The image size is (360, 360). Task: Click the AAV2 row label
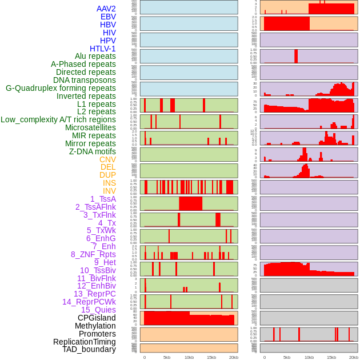coord(106,9)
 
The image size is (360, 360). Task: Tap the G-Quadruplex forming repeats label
coord(61,88)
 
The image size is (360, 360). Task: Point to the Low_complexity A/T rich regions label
coord(58,119)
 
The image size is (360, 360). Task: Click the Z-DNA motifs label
coord(92,151)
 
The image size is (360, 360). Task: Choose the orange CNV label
coord(107,159)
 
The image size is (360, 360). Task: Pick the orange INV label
coord(109,191)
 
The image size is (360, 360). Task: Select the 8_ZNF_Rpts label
coord(93,254)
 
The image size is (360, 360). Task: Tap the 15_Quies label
coord(98,310)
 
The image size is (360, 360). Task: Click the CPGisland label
coord(97,318)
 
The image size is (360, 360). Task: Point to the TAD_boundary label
coord(89,349)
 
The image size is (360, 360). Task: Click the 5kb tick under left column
coord(167,357)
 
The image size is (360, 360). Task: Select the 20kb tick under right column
coord(354,357)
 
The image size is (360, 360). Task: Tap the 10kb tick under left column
coord(189,357)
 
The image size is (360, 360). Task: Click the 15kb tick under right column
coord(331,357)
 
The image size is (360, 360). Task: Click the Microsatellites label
coord(90,127)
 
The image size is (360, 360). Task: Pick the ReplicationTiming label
coord(84,342)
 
